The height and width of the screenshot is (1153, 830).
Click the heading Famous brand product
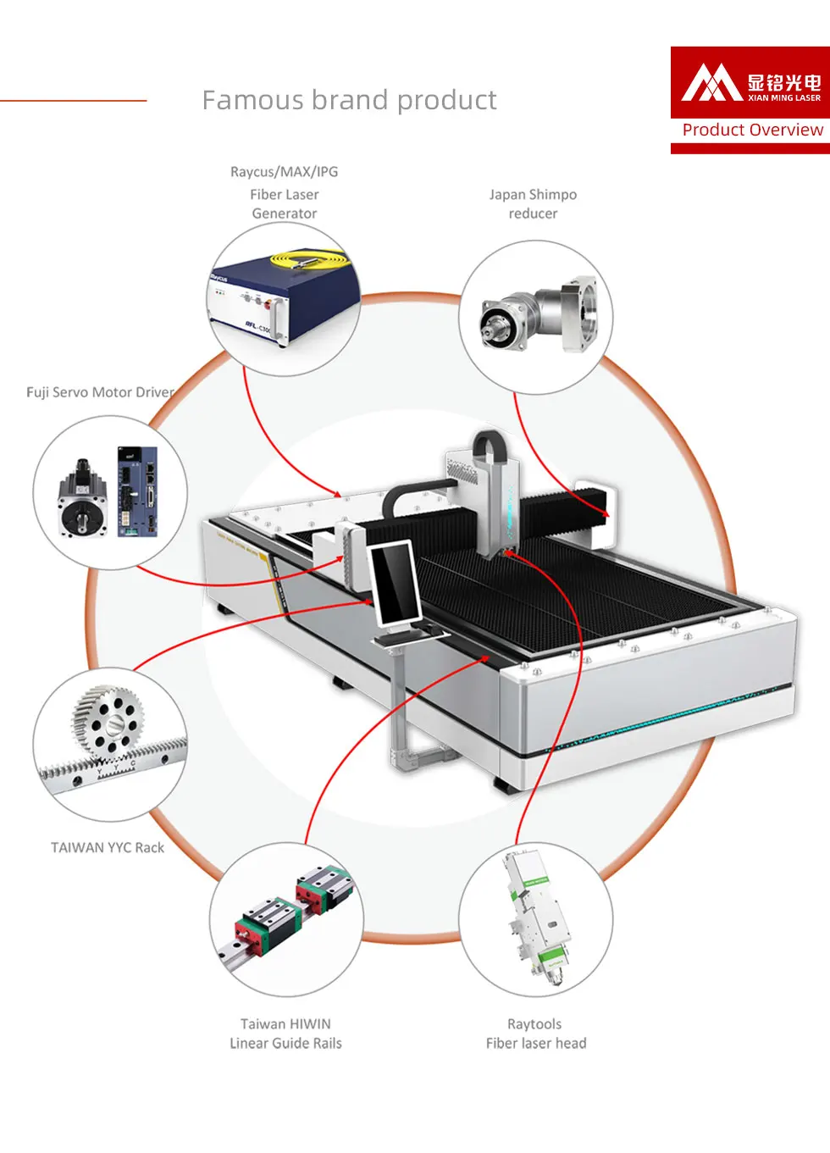[349, 101]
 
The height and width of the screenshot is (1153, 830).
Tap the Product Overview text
[752, 130]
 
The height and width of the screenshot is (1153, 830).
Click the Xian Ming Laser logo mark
[711, 83]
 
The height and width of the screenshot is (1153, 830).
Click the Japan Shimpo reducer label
[533, 204]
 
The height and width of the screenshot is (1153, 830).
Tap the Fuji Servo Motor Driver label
[100, 392]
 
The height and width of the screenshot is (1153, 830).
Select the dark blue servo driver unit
[137, 491]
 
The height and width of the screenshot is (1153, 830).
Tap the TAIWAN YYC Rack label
[108, 847]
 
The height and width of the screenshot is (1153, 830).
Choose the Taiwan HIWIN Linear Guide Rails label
[285, 1034]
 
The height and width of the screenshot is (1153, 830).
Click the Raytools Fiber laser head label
[535, 1034]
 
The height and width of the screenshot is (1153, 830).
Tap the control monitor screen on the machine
[395, 582]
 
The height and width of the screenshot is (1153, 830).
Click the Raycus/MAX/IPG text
[284, 172]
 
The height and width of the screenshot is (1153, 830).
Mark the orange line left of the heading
[73, 101]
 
